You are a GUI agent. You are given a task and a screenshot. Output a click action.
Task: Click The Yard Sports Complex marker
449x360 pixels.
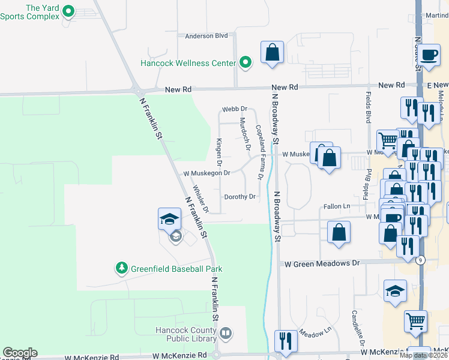point(68,10)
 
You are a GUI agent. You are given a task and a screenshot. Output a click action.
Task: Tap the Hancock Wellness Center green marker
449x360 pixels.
point(246,62)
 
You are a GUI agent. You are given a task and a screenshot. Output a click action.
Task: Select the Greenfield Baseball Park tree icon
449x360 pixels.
point(122,268)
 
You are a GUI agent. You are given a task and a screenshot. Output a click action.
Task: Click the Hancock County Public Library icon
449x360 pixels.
point(226,332)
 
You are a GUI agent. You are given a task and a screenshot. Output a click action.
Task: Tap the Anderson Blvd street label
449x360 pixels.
point(206,36)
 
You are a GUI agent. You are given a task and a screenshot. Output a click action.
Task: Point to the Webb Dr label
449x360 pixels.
point(235,109)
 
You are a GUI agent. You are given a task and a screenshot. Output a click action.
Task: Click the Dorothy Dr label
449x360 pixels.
point(240,197)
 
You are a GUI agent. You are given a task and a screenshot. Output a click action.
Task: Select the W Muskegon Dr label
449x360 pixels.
point(207,173)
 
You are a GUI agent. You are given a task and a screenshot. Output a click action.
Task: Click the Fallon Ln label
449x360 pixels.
point(337,206)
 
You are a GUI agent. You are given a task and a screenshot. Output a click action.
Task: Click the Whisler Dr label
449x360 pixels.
point(200,203)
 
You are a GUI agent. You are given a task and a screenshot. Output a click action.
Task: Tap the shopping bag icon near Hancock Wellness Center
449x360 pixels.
point(272,52)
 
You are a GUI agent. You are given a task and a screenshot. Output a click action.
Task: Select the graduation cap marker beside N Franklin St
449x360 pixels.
point(169,218)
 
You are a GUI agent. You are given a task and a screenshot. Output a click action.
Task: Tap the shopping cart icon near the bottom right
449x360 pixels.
point(415,321)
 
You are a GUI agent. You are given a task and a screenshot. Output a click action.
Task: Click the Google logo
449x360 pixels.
point(20,353)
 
